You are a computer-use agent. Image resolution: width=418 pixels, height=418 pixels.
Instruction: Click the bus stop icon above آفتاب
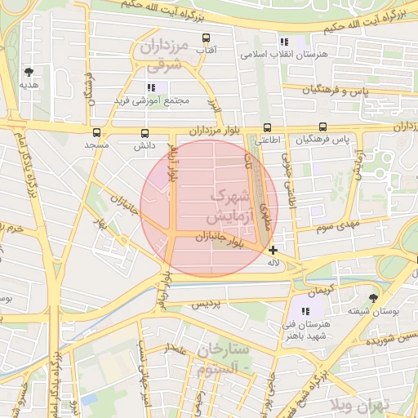coord(205,38)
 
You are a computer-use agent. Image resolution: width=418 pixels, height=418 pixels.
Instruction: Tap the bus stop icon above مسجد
coord(97,132)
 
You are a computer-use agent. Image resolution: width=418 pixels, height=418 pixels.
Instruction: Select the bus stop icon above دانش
coord(145,133)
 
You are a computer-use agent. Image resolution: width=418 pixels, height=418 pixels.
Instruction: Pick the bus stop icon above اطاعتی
coord(267,127)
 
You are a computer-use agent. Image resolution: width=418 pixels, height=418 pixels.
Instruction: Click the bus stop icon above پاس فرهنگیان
coord(323,127)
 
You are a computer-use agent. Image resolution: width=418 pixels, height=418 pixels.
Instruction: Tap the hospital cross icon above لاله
coord(273,251)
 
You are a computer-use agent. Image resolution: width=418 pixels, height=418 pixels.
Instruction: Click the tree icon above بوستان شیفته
coord(373,298)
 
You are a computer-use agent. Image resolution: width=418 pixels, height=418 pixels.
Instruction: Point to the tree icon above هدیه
coord(29,72)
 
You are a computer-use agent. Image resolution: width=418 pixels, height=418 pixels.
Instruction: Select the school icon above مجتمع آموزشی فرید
coord(151,87)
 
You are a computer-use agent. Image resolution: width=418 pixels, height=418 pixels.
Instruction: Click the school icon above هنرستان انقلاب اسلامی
coord(283,42)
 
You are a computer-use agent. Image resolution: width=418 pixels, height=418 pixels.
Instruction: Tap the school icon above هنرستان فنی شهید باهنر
coord(305,311)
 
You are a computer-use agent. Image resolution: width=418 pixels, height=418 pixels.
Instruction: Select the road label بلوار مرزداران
coord(216,131)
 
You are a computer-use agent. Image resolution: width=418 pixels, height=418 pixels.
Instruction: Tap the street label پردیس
coord(206,304)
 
